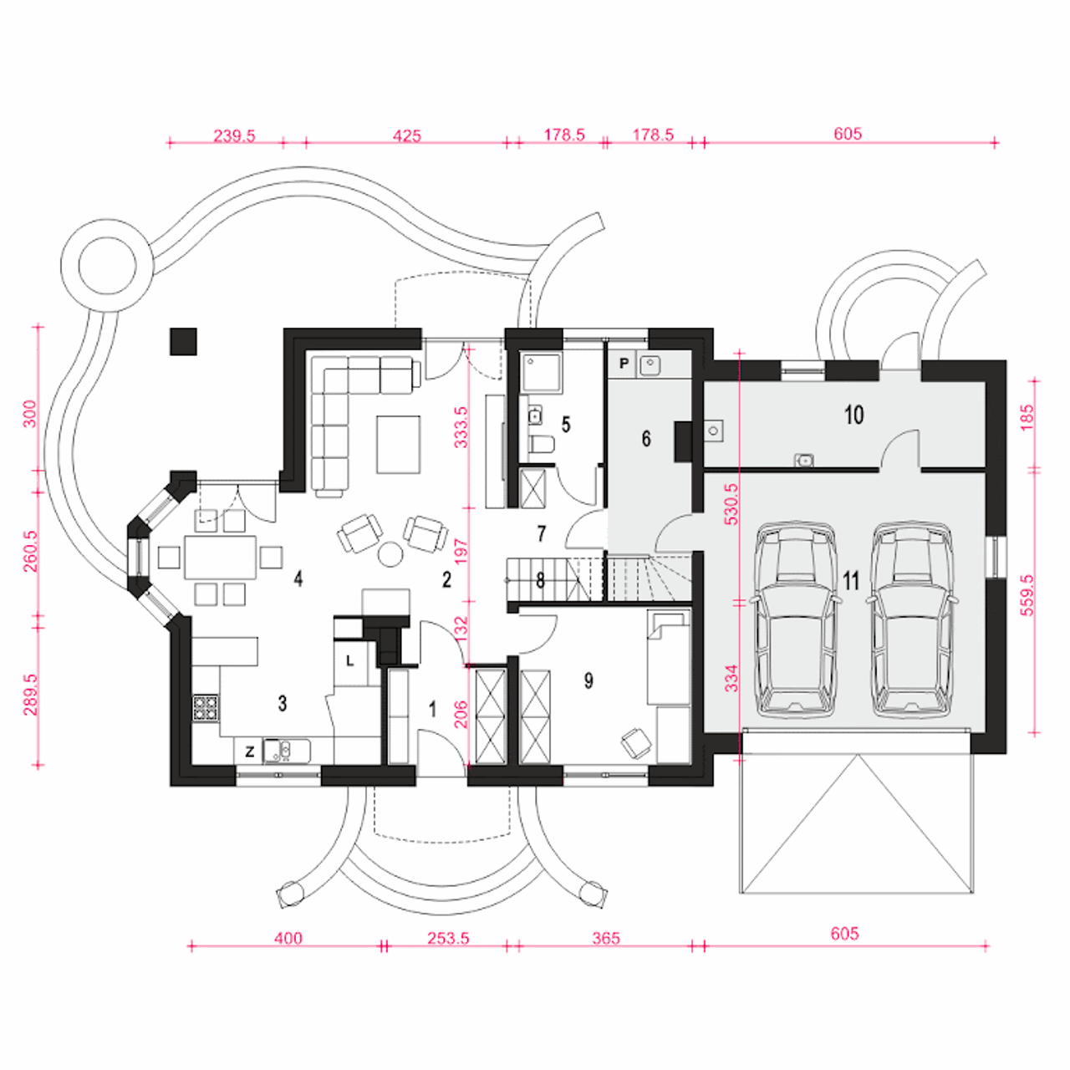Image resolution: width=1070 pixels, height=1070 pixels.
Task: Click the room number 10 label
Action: [x=853, y=415]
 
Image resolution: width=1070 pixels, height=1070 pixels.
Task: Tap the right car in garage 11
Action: [x=912, y=619]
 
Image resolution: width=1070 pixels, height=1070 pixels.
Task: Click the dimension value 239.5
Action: [x=234, y=135]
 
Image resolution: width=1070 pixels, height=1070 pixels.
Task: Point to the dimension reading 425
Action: [x=406, y=135]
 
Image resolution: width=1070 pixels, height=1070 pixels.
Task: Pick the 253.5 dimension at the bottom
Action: [x=448, y=938]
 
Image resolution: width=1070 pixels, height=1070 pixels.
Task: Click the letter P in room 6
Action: [x=624, y=363]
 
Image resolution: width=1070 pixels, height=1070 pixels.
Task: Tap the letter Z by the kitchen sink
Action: [x=250, y=752]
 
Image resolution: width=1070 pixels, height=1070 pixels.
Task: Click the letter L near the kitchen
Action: [x=349, y=660]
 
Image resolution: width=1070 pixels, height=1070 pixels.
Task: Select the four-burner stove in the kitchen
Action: [x=205, y=707]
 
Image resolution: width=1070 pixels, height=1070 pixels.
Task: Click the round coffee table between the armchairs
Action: [x=390, y=553]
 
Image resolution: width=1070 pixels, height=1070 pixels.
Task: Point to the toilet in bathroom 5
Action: [x=542, y=444]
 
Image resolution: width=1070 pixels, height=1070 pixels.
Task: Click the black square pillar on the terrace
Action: [x=183, y=342]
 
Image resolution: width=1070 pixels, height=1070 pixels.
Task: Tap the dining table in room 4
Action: [x=221, y=557]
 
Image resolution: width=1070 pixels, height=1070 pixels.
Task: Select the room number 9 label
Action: [x=588, y=680]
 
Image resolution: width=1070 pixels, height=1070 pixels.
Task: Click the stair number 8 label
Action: [x=540, y=580]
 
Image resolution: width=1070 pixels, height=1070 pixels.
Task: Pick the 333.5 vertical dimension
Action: [x=461, y=427]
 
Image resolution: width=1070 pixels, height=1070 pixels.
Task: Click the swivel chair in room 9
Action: [x=636, y=741]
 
